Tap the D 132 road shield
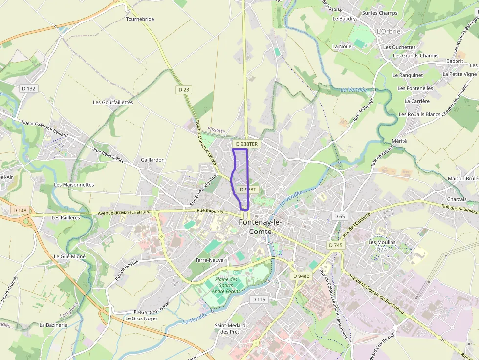(x=29, y=88)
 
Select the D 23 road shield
(x=184, y=89)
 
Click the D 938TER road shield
(x=246, y=144)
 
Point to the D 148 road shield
(x=20, y=210)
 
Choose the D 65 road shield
(x=339, y=216)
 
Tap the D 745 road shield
(x=336, y=245)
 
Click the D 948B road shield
(x=301, y=276)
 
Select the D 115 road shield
(x=259, y=299)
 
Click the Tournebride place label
(x=140, y=19)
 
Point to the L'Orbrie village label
(x=388, y=31)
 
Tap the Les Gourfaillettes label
(x=113, y=102)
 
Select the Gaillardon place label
(x=152, y=160)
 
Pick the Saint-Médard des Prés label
(x=230, y=328)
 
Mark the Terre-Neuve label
(x=209, y=260)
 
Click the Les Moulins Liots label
(x=382, y=245)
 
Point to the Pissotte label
(x=216, y=130)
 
